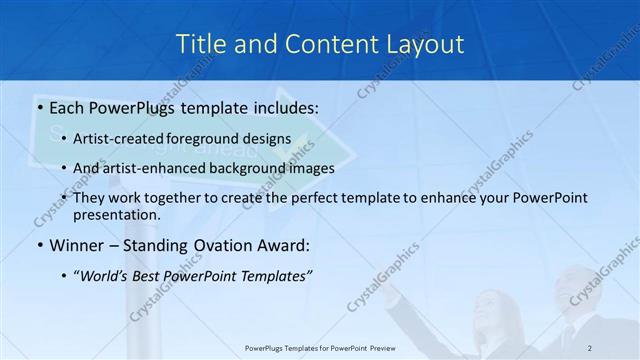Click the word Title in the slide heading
(200, 44)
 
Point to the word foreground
(213, 138)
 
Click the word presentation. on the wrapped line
(116, 214)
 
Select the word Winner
(77, 245)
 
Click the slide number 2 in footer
(590, 347)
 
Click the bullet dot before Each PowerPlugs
(39, 105)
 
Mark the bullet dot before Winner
(39, 245)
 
